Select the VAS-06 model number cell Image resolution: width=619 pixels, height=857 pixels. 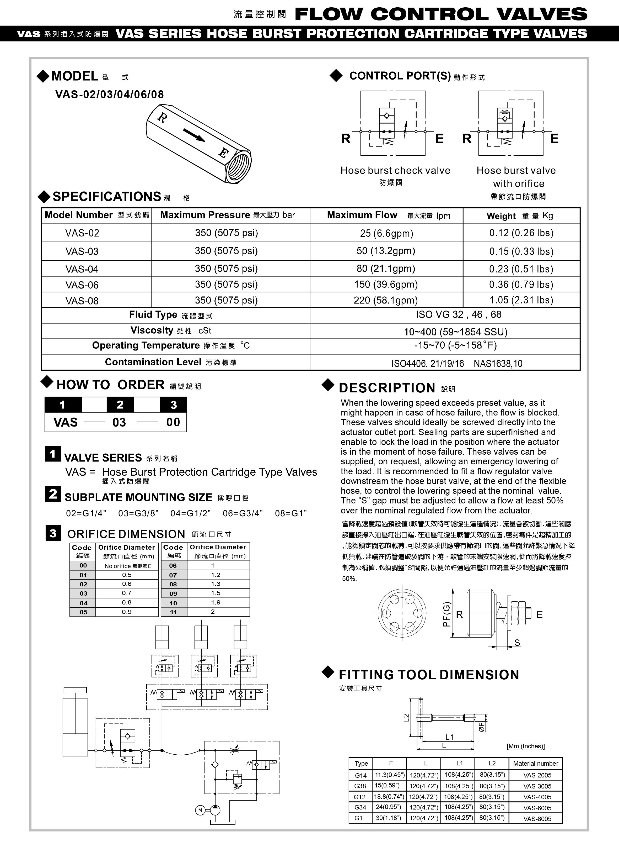tap(82, 285)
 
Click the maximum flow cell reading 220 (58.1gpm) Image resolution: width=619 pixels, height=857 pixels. tap(386, 300)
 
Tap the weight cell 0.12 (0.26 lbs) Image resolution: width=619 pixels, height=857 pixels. tap(521, 233)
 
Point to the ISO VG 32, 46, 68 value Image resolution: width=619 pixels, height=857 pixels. tap(459, 315)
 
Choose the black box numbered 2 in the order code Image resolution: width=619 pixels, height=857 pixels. tap(120, 405)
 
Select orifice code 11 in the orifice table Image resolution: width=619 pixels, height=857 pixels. tap(173, 612)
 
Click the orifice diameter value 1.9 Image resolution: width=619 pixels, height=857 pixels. tap(216, 602)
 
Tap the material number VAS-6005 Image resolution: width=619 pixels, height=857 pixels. tap(537, 808)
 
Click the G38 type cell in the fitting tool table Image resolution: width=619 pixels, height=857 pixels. tap(360, 786)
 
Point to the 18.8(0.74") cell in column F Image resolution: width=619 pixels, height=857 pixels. tap(389, 797)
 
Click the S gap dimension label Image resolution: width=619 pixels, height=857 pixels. tap(517, 643)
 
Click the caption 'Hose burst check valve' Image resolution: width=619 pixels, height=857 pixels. tap(395, 170)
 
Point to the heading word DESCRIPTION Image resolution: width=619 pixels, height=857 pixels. tap(387, 388)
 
